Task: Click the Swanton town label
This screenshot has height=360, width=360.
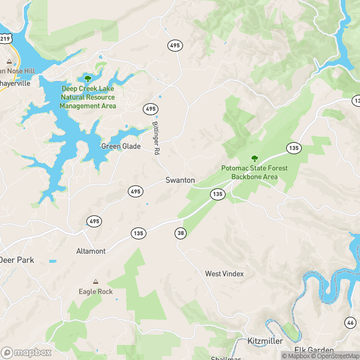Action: point(180,180)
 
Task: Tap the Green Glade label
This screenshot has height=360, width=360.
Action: point(121,146)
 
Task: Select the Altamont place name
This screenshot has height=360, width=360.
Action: point(91,251)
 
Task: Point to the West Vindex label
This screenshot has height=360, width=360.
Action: point(224,274)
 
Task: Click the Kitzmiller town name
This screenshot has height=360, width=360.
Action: point(265,341)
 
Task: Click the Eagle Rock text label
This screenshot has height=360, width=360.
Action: point(95,292)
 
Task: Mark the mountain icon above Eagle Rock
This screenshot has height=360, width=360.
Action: point(95,281)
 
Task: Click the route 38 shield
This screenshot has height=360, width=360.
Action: point(180,233)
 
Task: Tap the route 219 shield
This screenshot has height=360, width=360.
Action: point(5,38)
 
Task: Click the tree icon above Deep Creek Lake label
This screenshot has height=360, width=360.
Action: point(88,79)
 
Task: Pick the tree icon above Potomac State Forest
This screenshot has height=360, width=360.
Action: point(254,158)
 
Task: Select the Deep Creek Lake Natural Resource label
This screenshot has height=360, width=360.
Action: point(88,97)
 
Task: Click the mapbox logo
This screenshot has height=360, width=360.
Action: point(26,352)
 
